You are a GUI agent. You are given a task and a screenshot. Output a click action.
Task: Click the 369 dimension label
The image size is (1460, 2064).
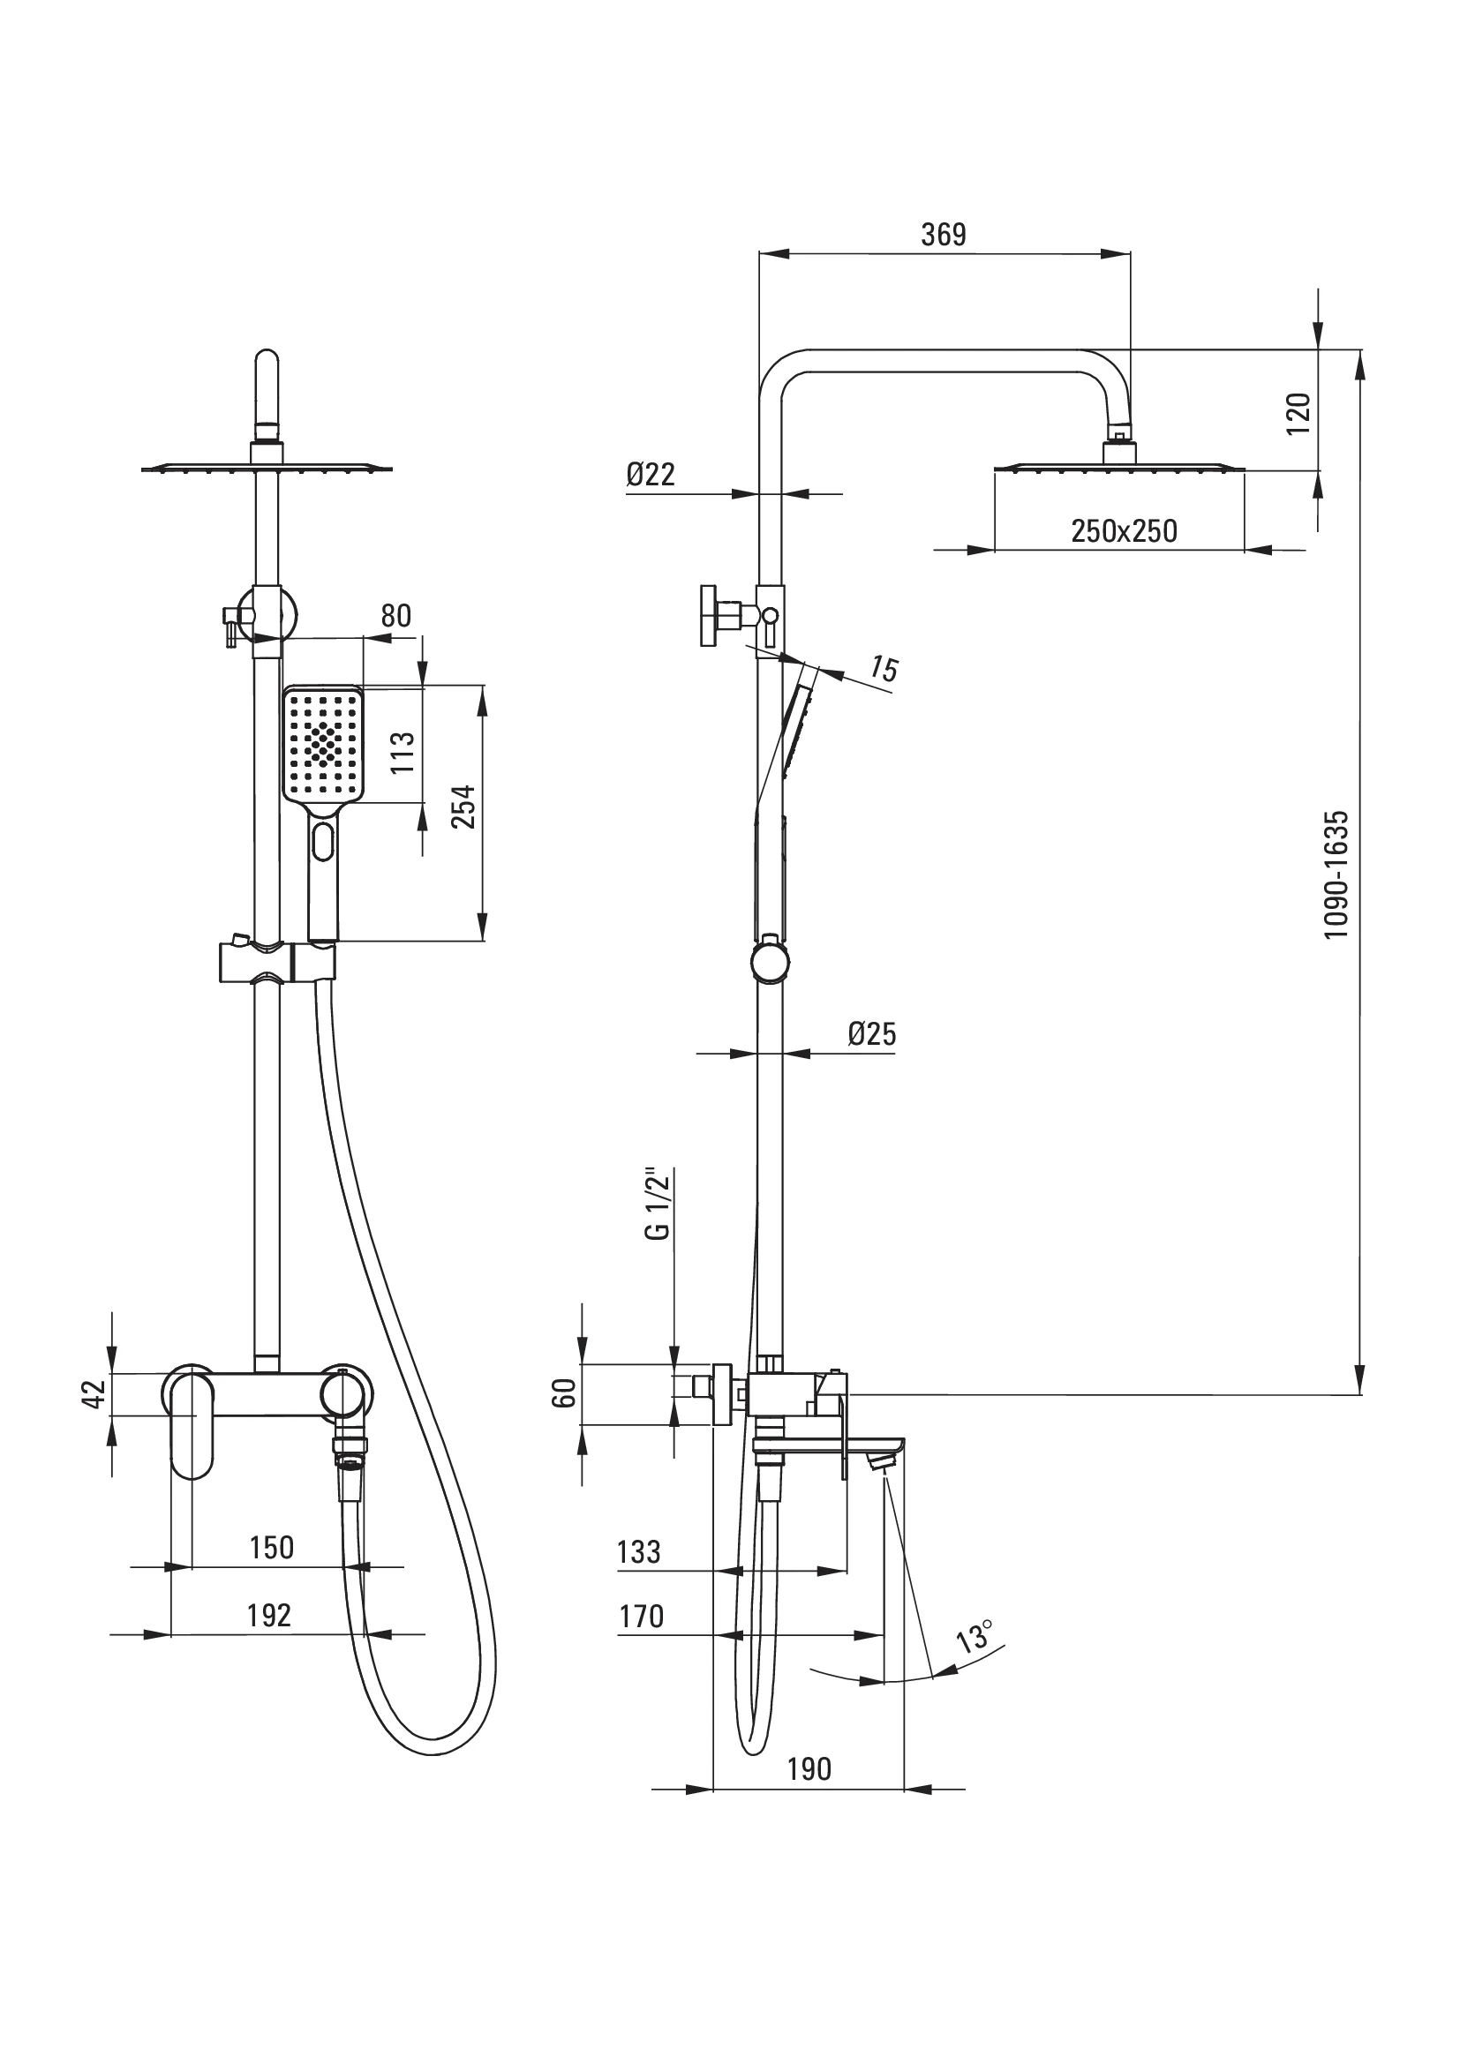point(943,235)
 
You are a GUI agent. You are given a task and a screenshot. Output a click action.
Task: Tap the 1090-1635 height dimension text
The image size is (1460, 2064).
point(1336,874)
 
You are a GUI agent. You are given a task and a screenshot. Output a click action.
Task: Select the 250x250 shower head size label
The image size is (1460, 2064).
point(1124,531)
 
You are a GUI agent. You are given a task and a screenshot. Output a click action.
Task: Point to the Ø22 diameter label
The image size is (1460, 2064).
point(651,474)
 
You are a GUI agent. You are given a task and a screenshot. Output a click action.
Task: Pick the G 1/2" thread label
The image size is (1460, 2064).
point(659,1205)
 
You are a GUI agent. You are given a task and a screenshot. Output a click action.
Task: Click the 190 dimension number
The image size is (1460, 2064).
point(809,1769)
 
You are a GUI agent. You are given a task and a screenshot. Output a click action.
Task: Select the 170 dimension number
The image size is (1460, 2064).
point(641,1617)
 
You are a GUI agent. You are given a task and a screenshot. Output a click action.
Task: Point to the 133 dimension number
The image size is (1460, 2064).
point(639,1552)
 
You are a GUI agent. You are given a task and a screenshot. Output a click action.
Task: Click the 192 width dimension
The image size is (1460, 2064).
point(270,1616)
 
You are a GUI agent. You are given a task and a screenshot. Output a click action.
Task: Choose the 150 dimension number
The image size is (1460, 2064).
point(272,1547)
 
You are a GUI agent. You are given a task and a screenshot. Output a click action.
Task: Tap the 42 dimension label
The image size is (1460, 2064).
point(94,1394)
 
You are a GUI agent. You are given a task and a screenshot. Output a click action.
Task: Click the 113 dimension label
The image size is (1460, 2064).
point(403,753)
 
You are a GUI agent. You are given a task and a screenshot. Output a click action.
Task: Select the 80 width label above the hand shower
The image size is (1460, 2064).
point(395,616)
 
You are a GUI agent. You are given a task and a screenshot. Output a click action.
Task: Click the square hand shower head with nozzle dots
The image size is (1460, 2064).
point(324,742)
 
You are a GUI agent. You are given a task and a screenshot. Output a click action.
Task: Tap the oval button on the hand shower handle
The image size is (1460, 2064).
point(323,844)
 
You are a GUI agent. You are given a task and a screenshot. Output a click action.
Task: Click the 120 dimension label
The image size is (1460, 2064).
point(1298,414)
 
